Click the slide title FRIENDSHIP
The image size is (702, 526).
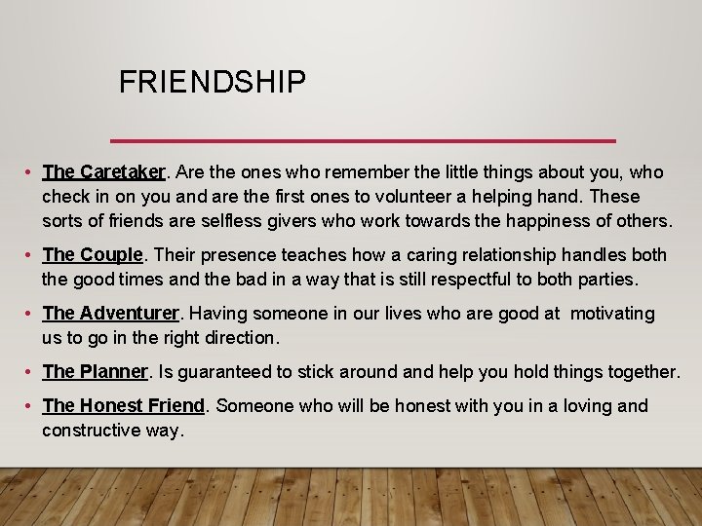point(213,83)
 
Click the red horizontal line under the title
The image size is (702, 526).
point(363,140)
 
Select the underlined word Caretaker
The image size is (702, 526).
point(124,172)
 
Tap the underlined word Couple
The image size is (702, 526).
point(112,255)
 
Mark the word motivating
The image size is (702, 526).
point(612,314)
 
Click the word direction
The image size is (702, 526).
point(239,338)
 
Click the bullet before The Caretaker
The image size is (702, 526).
point(33,173)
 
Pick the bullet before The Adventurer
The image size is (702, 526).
point(33,315)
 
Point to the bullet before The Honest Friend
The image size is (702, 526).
point(33,406)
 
